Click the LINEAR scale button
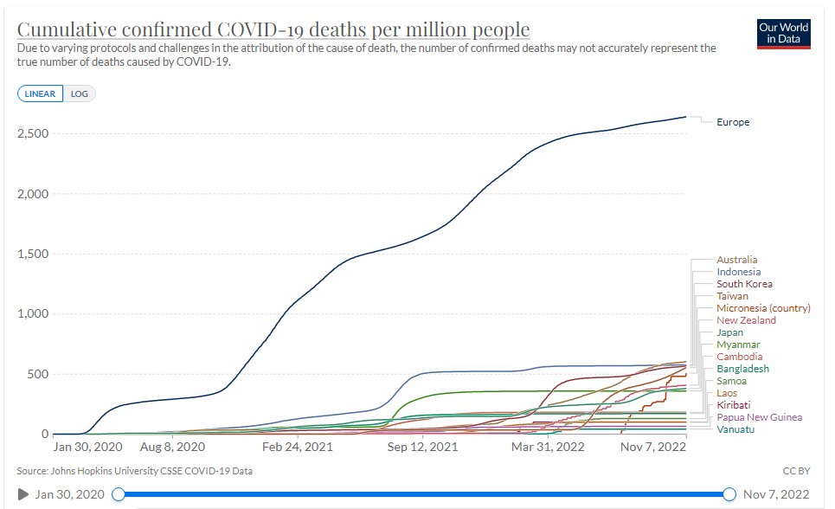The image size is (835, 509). [40, 93]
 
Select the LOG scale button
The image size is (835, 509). [80, 93]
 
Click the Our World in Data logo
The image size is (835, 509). [783, 35]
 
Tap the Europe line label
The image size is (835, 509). [733, 122]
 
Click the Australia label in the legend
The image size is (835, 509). [736, 260]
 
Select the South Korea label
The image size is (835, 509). [744, 284]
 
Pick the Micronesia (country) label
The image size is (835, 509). [763, 308]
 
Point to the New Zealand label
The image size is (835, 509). [746, 320]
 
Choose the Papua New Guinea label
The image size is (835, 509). [759, 417]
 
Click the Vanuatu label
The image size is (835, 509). [735, 429]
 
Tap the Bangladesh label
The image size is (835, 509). [742, 369]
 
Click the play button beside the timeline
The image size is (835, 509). [23, 494]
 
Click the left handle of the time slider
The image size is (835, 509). [119, 494]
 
